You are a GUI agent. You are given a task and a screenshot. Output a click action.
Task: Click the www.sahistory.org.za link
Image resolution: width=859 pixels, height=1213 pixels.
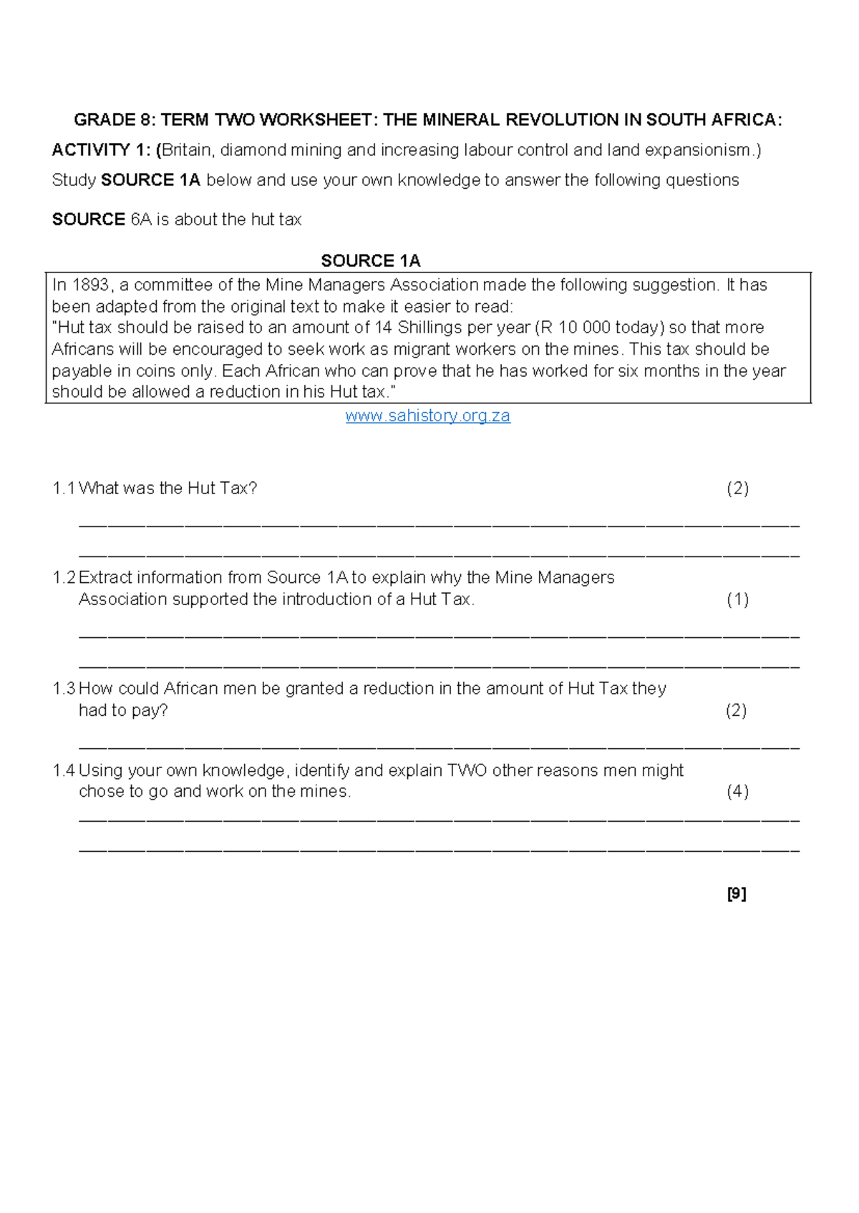tap(427, 416)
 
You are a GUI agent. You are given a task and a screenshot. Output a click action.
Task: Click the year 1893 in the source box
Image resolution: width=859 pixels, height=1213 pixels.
tap(91, 285)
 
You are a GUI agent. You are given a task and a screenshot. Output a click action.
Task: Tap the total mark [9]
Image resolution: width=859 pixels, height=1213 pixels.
tap(737, 894)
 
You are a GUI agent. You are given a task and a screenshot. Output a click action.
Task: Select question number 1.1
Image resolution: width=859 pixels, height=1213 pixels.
tap(64, 488)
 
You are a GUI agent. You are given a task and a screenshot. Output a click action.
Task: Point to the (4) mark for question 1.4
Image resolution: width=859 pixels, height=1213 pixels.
tap(737, 792)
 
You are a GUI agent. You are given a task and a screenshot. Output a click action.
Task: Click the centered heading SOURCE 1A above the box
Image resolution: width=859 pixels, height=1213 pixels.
tap(370, 260)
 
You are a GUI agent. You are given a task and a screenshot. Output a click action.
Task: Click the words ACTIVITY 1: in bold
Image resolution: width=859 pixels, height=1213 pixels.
tap(101, 150)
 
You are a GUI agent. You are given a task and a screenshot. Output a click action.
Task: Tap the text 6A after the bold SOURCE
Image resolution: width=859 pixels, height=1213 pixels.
tap(141, 220)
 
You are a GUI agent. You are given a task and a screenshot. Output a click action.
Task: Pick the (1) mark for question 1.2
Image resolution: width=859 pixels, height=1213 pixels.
tap(737, 599)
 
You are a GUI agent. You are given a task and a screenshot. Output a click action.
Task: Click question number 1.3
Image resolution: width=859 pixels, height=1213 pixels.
tap(64, 689)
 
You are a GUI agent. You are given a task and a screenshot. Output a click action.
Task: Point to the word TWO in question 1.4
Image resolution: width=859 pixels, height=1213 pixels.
tap(467, 771)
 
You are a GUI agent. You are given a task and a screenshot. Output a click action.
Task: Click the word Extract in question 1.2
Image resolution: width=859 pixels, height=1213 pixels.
tap(105, 578)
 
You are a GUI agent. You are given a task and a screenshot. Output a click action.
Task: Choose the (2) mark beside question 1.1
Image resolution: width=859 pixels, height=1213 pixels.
tap(737, 488)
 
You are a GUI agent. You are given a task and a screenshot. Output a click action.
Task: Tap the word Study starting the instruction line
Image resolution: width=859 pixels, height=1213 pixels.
tap(74, 180)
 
